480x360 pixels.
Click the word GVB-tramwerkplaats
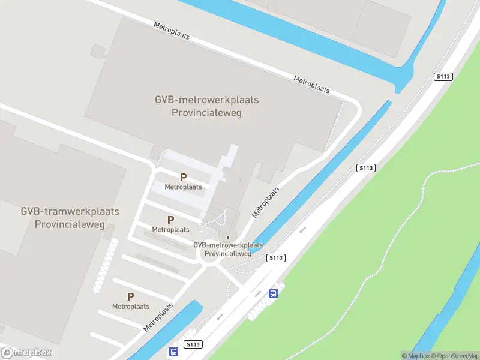point(70,211)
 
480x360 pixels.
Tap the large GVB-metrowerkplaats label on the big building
point(206,100)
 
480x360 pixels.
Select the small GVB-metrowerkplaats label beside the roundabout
point(228,245)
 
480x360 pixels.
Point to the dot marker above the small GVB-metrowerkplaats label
point(228,237)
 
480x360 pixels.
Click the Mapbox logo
point(26,353)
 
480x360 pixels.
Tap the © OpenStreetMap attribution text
point(454,356)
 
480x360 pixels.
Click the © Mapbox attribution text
point(415,356)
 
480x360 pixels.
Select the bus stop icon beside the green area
point(273,293)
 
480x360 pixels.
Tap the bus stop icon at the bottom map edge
point(173,352)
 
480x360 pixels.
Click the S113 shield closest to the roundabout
point(276,257)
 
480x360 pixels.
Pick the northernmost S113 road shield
point(443,77)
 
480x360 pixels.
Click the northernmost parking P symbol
point(183,177)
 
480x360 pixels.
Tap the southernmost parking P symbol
point(130,296)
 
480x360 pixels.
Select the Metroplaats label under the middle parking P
point(170,229)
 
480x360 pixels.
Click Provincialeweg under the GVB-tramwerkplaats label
point(70,224)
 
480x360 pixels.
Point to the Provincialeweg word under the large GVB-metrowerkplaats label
point(206,113)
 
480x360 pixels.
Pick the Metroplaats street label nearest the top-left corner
point(172,31)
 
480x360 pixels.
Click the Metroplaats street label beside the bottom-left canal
point(158,317)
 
